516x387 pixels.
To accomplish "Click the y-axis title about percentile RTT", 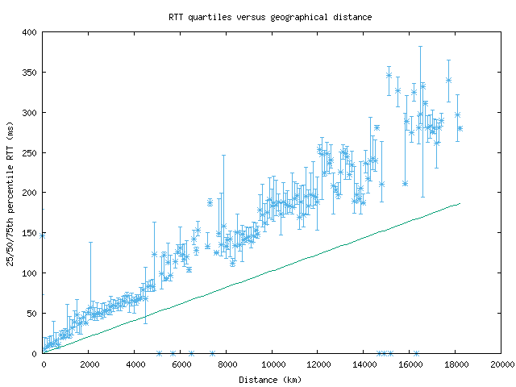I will coord(10,192).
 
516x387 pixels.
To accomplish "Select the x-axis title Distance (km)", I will coord(272,379).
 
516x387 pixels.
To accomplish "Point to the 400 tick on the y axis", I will coord(29,32).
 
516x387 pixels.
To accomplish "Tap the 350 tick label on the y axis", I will coord(29,73).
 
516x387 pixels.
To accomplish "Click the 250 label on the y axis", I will coord(29,153).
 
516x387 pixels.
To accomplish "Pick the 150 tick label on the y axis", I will coord(29,233).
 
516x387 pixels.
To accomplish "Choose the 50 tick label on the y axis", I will coord(31,313).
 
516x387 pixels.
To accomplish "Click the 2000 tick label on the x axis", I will coord(89,365).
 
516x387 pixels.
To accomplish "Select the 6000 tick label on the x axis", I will coord(181,365).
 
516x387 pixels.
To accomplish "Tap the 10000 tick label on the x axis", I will coord(273,365).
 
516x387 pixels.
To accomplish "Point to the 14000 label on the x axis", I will coord(364,365).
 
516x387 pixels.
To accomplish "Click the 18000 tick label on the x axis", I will coord(456,365).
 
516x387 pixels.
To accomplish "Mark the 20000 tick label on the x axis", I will coord(501,365).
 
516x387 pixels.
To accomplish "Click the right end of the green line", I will coord(460,203).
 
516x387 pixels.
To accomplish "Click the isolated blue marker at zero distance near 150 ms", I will coord(43,235).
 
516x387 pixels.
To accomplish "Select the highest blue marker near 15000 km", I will coord(389,75).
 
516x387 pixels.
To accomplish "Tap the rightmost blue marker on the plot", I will coord(460,128).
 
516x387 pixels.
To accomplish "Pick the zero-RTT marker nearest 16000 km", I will coord(416,353).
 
